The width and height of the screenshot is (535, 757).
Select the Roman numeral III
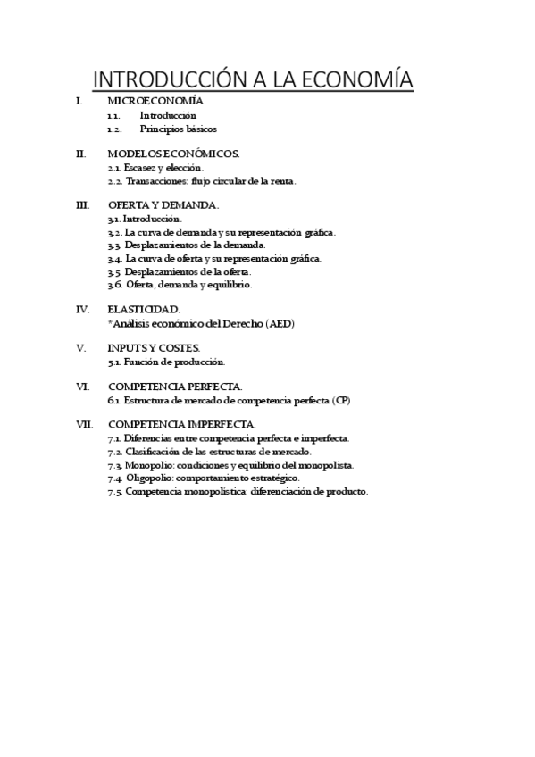(x=83, y=205)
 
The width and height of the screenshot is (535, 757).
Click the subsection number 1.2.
(x=113, y=129)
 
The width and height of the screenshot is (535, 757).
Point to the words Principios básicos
(x=179, y=129)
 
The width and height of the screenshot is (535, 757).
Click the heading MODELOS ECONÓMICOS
(x=173, y=154)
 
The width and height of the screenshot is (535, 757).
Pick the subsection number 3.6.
(x=114, y=285)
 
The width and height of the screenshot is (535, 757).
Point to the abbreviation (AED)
(x=277, y=323)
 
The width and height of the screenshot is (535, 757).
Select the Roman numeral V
(x=80, y=347)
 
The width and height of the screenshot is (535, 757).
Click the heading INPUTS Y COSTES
(x=154, y=347)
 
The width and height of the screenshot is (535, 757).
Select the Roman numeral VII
(x=84, y=424)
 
